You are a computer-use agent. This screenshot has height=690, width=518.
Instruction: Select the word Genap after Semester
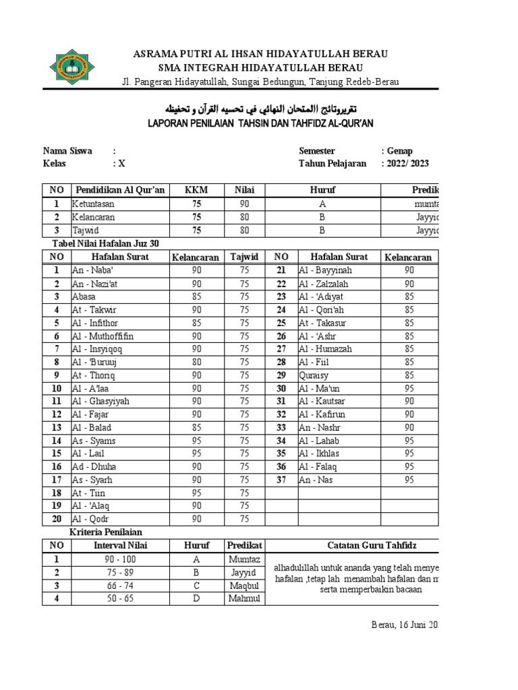pyautogui.click(x=399, y=151)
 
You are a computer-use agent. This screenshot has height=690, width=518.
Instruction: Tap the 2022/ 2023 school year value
pyautogui.click(x=407, y=164)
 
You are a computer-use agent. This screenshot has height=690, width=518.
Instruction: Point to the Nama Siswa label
pyautogui.click(x=67, y=151)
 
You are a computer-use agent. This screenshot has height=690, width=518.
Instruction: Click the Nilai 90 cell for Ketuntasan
pyautogui.click(x=244, y=204)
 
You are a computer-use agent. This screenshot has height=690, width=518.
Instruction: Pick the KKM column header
pyautogui.click(x=196, y=191)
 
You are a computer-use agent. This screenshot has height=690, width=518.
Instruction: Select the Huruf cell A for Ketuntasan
pyautogui.click(x=322, y=204)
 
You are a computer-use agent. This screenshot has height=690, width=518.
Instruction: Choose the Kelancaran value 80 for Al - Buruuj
pyautogui.click(x=196, y=362)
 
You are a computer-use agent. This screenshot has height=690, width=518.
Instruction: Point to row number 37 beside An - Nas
pyautogui.click(x=281, y=480)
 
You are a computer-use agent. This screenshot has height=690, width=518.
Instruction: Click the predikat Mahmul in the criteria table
pyautogui.click(x=244, y=598)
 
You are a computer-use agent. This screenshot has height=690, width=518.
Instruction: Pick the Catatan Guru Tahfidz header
pyautogui.click(x=354, y=545)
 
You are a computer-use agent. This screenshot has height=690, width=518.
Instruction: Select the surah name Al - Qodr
pyautogui.click(x=90, y=519)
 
